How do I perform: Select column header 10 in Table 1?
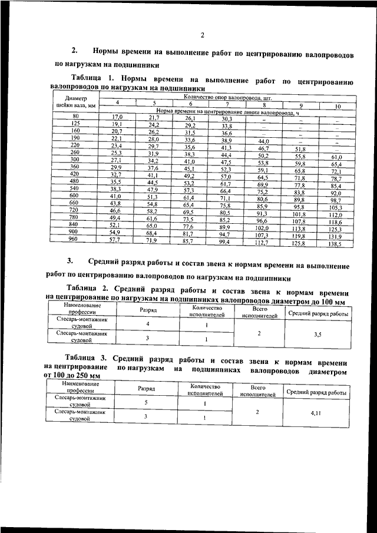pyautogui.click(x=338, y=107)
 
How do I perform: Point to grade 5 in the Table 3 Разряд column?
pyautogui.click(x=147, y=403)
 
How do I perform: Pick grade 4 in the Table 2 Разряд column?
pyautogui.click(x=148, y=325)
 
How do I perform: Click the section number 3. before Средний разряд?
pyautogui.click(x=70, y=261)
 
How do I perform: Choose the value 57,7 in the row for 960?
pyautogui.click(x=117, y=241)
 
